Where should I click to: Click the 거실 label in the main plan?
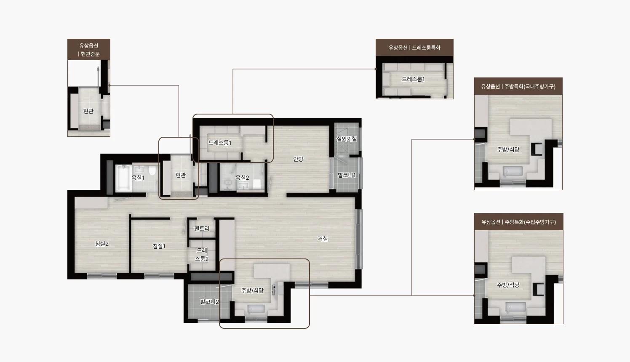coord(323,239)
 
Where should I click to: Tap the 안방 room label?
coord(298,159)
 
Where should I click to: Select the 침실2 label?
coord(102,244)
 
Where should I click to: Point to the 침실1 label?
coord(159,246)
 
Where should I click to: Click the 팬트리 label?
coord(202,229)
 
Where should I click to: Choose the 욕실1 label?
coord(138,178)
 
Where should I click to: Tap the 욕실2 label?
coord(242,178)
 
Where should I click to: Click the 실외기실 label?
coord(347,139)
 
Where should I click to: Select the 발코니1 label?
coord(347,175)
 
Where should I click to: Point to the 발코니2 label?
coord(210,302)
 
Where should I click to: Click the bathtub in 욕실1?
coord(123,177)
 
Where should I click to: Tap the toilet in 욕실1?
coord(152,170)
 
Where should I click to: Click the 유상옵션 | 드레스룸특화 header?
coord(414,48)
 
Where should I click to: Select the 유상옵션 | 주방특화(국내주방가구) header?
coord(518,86)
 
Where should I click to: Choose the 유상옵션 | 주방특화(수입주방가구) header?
coord(519,222)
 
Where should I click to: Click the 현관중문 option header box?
coord(89,50)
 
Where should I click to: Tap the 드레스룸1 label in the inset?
coord(413,79)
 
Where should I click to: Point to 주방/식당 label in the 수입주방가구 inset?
coord(508,285)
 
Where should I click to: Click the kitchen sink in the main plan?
coord(256,309)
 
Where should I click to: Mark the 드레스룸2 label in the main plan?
coord(202,255)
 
